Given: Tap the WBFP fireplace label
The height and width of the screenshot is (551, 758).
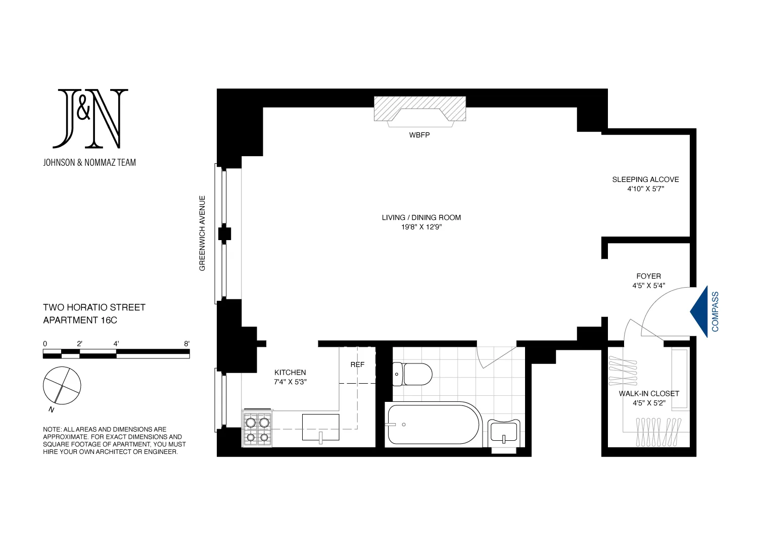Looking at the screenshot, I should (x=419, y=135).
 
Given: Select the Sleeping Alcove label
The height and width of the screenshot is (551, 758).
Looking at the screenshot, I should (x=645, y=179).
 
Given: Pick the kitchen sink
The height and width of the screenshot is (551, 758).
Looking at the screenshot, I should (x=320, y=428).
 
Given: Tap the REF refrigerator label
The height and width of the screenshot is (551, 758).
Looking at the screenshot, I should (x=357, y=364).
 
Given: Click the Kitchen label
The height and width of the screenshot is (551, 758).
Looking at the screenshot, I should (x=290, y=373).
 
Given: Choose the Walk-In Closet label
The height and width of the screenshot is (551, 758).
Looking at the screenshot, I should (x=649, y=393).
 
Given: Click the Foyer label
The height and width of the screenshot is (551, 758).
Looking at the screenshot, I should (x=648, y=276).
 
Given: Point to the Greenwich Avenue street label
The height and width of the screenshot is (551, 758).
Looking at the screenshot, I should (x=203, y=233).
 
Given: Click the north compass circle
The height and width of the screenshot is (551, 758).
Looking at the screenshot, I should (x=62, y=385).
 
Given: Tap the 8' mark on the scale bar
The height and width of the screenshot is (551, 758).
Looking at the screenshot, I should (x=186, y=344).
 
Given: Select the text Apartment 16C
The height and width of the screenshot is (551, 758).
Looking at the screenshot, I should (x=80, y=320).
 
